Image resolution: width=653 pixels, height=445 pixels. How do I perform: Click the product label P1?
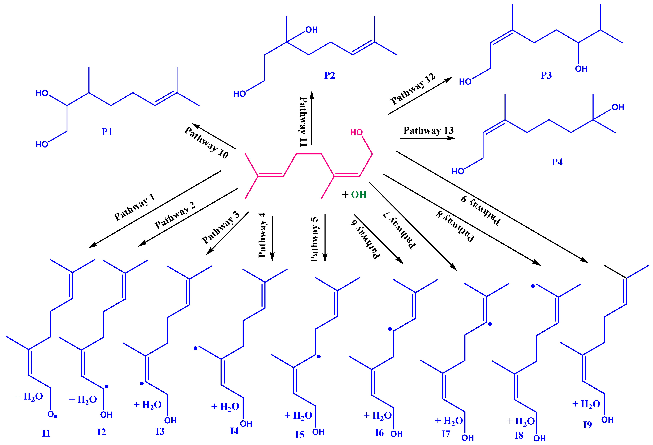pyautogui.click(x=107, y=132)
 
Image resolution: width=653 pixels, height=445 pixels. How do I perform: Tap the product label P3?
pyautogui.click(x=546, y=75)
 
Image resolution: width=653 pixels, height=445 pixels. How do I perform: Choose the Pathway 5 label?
pyautogui.click(x=314, y=239)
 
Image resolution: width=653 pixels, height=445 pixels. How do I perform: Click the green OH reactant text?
pyautogui.click(x=359, y=195)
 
